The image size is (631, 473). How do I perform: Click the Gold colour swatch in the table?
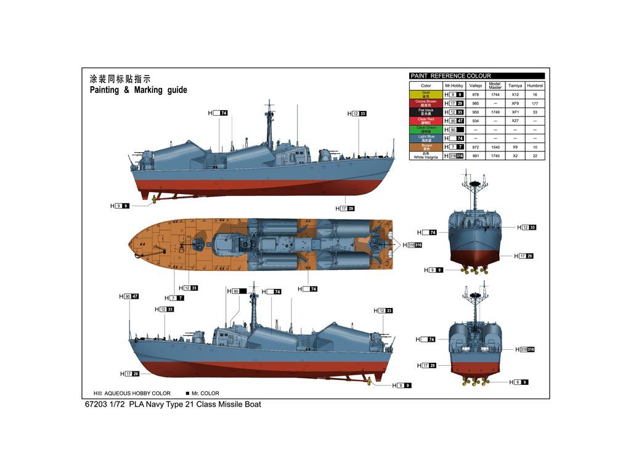pyautogui.click(x=426, y=94)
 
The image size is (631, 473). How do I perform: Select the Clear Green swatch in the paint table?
pyautogui.click(x=426, y=129)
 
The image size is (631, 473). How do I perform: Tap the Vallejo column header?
pyautogui.click(x=475, y=86)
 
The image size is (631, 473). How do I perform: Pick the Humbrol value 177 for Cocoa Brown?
pyautogui.click(x=535, y=103)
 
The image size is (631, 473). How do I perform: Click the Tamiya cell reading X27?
pyautogui.click(x=515, y=121)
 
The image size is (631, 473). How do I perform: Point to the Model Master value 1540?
pyautogui.click(x=495, y=147)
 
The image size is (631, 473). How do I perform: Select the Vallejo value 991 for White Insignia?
pyautogui.click(x=475, y=156)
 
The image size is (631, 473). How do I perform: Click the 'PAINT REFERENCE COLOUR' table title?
pyautogui.click(x=451, y=76)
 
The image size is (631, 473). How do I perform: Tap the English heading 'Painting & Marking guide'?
pyautogui.click(x=138, y=90)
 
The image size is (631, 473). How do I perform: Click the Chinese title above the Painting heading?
pyautogui.click(x=120, y=79)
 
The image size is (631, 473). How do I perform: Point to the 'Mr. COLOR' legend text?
pyautogui.click(x=205, y=393)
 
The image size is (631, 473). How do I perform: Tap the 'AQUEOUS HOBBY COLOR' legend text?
pyautogui.click(x=137, y=393)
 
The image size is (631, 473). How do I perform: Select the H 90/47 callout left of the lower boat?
pyautogui.click(x=128, y=296)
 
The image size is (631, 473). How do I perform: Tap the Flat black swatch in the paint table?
pyautogui.click(x=426, y=112)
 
